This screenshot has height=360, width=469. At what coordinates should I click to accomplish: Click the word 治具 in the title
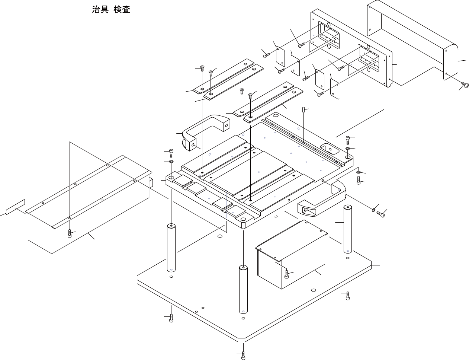pos(100,10)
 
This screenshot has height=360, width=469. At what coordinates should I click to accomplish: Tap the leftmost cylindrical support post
pos(171,248)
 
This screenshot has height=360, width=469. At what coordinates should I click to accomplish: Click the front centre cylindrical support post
pos(243,290)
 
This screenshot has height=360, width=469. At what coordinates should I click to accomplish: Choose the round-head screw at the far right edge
pos(464,85)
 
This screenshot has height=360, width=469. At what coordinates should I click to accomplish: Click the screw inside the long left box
pos(70,233)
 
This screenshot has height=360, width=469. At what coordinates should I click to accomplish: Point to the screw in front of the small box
pos(286,274)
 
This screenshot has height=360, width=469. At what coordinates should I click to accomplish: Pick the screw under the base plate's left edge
pos(171,318)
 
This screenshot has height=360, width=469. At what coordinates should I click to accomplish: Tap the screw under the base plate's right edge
pos(348,296)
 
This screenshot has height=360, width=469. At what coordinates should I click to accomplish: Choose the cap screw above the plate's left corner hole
pos(171,153)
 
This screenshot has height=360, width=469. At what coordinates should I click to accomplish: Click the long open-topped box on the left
pos(89,208)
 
